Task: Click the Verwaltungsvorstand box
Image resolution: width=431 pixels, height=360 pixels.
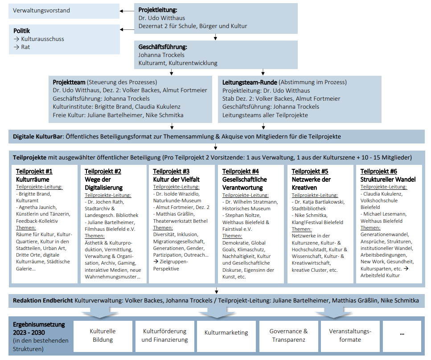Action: (x=64, y=11)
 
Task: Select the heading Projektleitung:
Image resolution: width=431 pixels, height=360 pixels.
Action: (x=158, y=10)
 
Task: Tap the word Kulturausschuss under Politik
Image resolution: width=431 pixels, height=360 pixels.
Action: (x=43, y=39)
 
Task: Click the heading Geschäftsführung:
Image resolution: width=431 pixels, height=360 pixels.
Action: (x=163, y=47)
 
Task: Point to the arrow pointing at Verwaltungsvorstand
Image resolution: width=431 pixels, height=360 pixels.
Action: (x=127, y=11)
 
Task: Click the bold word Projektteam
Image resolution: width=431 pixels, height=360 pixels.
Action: (x=69, y=82)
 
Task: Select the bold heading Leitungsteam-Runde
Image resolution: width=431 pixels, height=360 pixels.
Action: (x=250, y=82)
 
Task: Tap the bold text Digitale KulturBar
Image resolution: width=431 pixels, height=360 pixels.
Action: (x=37, y=137)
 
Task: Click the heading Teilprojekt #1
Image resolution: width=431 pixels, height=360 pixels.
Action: (x=34, y=172)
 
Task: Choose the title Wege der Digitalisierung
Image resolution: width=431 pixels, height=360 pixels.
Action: (x=103, y=184)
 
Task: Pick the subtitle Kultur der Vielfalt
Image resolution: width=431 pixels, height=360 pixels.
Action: (x=176, y=180)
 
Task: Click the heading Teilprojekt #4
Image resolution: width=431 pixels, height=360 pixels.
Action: (x=241, y=172)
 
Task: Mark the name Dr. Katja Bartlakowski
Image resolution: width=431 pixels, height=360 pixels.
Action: (x=320, y=202)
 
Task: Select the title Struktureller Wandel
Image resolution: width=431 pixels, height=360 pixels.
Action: (x=388, y=180)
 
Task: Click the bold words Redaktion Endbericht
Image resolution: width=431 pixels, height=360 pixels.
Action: (x=43, y=301)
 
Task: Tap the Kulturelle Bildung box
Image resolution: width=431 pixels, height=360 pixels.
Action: (x=103, y=336)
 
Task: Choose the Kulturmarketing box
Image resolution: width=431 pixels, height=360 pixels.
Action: (x=226, y=336)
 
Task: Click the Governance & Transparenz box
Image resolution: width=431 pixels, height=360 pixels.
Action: (x=289, y=336)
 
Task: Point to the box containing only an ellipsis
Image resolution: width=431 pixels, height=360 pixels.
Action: (x=402, y=336)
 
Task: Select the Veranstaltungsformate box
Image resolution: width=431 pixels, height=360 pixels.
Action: (x=350, y=336)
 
